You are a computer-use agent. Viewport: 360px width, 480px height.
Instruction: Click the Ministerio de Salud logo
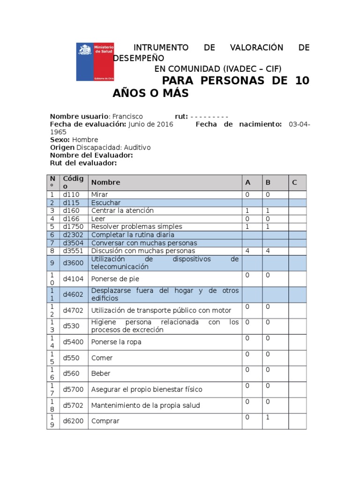95,62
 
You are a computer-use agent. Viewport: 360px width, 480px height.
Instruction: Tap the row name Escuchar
106,202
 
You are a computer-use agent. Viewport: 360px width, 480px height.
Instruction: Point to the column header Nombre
105,182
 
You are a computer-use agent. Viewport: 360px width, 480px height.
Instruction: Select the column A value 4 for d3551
247,251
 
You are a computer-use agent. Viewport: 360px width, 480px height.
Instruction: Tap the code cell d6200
73,421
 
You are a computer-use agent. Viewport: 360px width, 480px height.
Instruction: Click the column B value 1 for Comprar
268,417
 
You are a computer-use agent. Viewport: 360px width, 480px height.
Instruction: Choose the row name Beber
101,374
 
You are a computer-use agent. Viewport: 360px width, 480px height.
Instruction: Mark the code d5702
73,405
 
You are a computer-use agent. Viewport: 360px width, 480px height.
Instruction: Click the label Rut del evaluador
83,163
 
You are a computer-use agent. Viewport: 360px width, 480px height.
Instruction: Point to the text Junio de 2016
150,124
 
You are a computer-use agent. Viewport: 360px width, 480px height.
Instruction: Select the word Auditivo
135,147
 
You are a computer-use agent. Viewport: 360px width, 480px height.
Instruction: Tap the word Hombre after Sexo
85,140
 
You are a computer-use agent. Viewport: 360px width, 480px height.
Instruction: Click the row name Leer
98,218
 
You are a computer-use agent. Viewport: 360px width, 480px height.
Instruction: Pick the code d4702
73,310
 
